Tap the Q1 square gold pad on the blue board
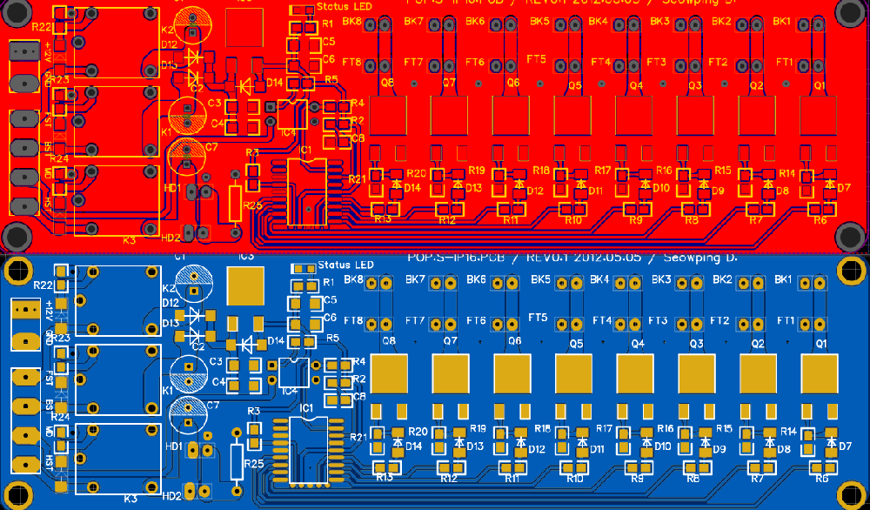tap(819, 373)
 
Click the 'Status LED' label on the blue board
tap(345, 265)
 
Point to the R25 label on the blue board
tap(253, 464)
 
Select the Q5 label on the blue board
tap(576, 344)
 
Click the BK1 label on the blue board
tap(781, 279)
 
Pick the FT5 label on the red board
tap(537, 59)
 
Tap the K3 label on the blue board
tap(130, 499)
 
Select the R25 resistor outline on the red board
tap(234, 203)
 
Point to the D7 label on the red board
tap(843, 188)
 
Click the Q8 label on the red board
tap(387, 83)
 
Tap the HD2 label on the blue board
tap(171, 496)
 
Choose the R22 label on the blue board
tap(43, 285)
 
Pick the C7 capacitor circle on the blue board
tap(188, 412)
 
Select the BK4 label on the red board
tap(599, 21)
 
